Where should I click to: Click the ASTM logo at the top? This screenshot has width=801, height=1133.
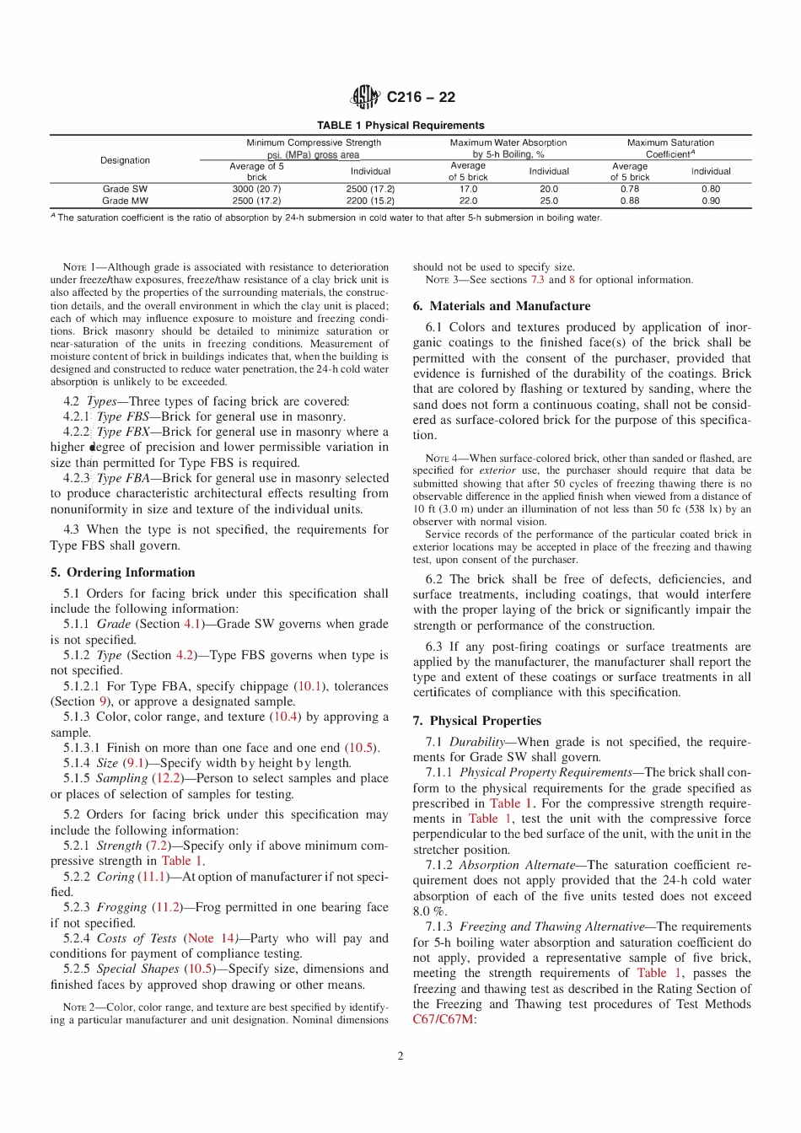point(365,97)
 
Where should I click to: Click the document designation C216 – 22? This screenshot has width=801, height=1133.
point(421,97)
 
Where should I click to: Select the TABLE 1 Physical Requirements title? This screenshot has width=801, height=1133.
point(400,126)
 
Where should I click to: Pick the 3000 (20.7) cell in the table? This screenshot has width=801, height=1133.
point(256,190)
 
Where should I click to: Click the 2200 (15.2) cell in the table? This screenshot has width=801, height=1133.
point(370,201)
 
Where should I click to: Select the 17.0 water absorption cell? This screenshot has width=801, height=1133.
point(468,190)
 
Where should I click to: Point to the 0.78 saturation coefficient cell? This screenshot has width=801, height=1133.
point(630,190)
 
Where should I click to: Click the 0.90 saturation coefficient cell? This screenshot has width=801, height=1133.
point(711,201)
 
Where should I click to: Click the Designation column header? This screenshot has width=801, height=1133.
point(125,160)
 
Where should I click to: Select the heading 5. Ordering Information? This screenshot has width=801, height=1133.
point(122,572)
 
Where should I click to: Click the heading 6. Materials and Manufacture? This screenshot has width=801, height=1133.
point(502,306)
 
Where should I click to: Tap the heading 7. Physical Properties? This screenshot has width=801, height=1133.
point(477,721)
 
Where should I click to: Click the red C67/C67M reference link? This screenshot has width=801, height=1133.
point(444,1019)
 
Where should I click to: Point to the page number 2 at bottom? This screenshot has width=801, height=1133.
point(400,1056)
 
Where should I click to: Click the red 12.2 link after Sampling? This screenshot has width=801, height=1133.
point(167,778)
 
